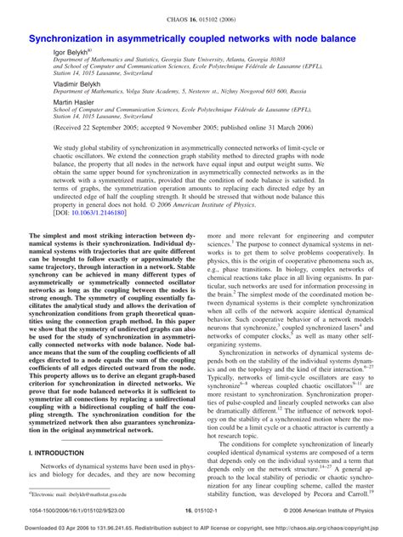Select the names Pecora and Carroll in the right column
(x=356, y=492)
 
